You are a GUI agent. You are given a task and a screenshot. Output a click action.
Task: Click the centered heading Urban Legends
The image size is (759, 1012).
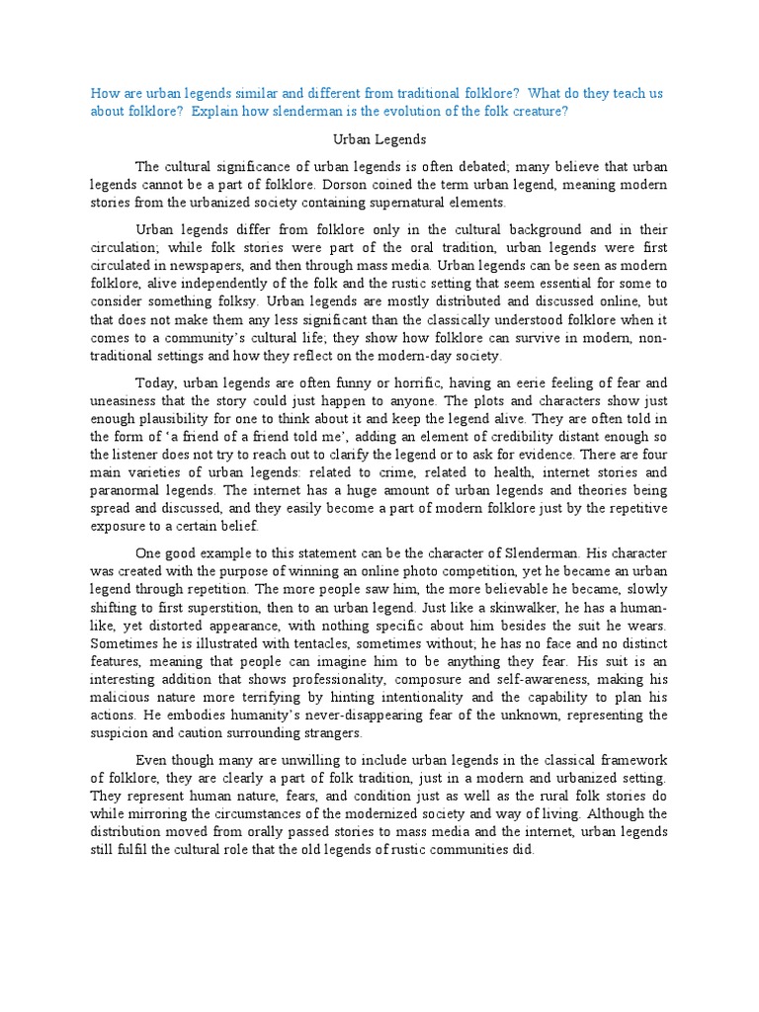379,139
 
